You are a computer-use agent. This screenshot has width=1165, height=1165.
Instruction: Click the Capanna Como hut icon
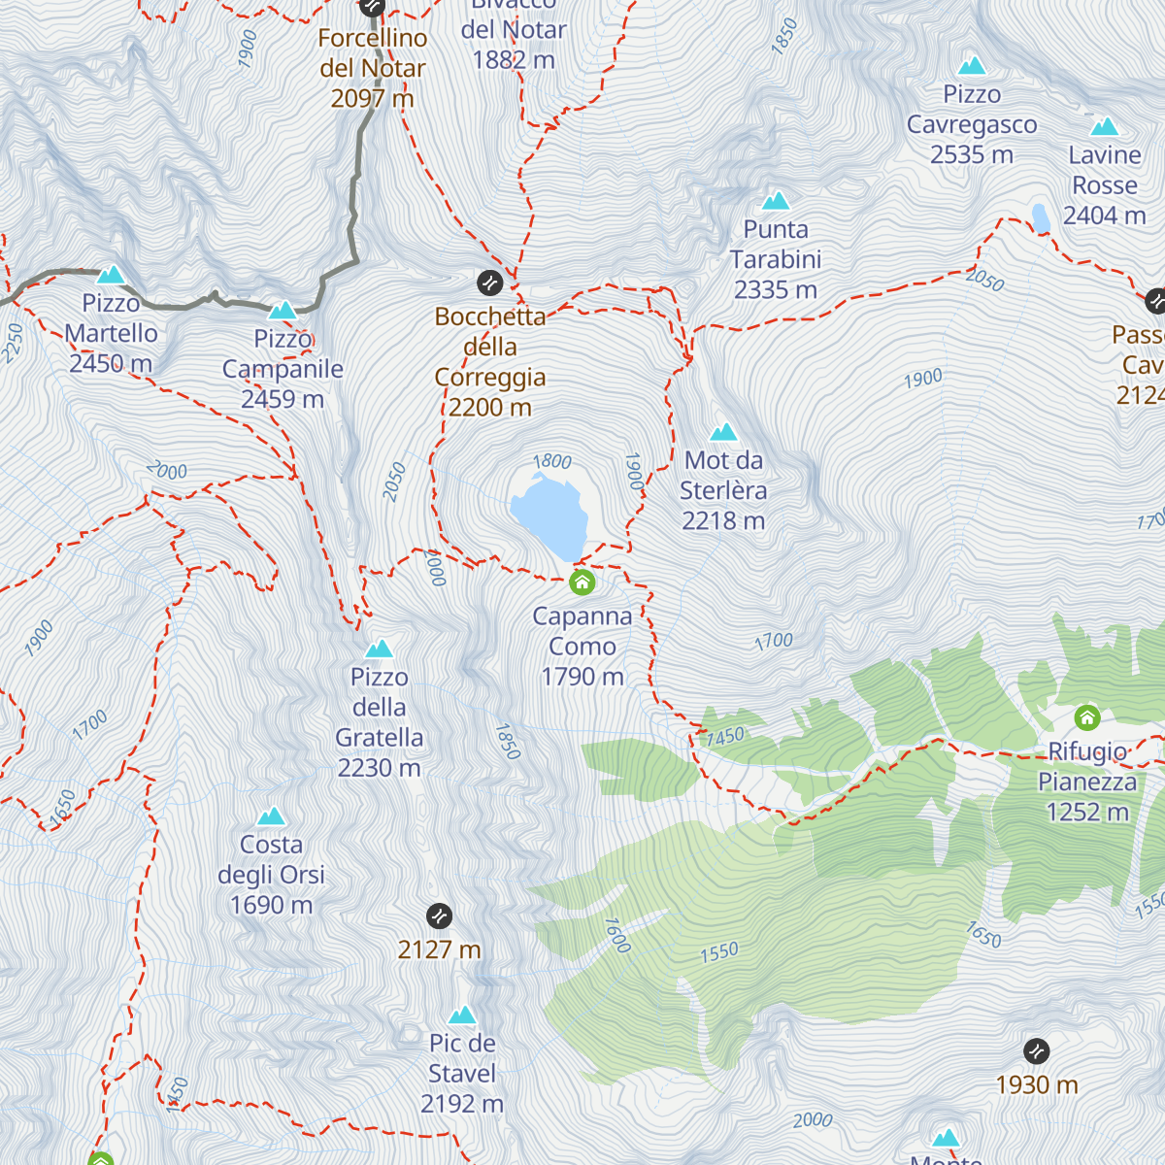tap(582, 582)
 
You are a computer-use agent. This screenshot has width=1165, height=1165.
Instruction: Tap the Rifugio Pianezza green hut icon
tap(1086, 718)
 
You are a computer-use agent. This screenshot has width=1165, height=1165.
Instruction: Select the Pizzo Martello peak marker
tap(111, 275)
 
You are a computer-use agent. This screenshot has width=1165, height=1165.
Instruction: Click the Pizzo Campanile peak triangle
tap(282, 311)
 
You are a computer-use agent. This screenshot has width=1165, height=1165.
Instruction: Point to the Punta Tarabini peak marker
tap(775, 201)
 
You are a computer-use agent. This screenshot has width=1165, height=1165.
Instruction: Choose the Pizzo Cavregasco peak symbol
tap(972, 66)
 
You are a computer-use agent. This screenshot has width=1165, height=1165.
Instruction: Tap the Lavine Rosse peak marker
tap(1104, 127)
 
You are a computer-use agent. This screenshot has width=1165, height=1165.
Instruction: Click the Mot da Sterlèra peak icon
tap(723, 432)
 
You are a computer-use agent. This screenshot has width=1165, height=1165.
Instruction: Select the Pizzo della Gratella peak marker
tap(379, 649)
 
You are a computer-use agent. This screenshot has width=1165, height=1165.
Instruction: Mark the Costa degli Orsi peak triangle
tap(271, 816)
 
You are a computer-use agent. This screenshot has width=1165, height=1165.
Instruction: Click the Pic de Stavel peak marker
tap(462, 1015)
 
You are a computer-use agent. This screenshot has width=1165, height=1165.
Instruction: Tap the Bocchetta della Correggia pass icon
tap(489, 283)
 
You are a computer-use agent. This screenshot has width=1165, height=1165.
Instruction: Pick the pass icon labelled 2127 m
tap(439, 915)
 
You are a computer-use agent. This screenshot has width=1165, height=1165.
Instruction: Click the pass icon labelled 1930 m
tap(1036, 1050)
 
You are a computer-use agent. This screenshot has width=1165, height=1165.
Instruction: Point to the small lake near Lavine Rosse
tap(1041, 218)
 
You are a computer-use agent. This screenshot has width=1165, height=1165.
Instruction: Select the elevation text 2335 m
tap(776, 290)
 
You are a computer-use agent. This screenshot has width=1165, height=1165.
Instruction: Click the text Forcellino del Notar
tap(373, 53)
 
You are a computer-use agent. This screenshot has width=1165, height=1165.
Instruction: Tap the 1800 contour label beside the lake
tap(552, 462)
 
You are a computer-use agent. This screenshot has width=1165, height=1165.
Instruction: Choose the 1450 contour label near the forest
tap(725, 737)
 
